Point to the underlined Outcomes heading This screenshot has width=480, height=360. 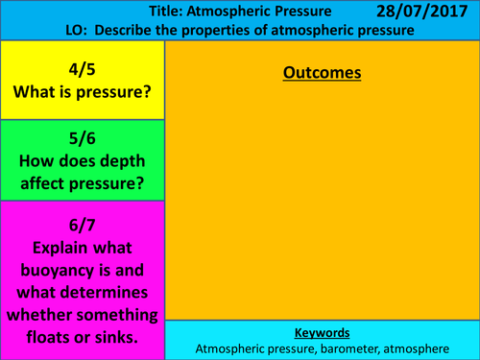point(323,73)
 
